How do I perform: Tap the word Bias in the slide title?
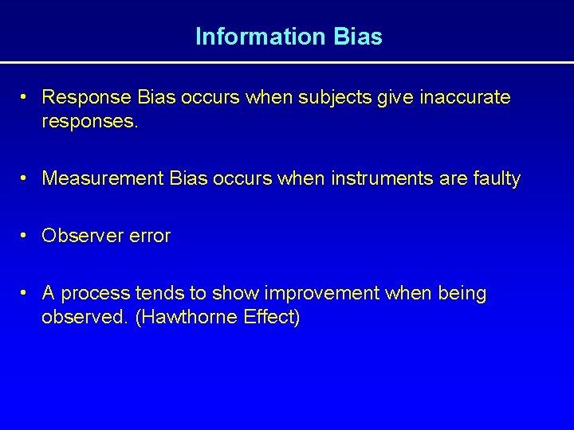360,37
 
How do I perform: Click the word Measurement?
104,179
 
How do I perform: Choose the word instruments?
378,179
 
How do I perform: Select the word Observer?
77,236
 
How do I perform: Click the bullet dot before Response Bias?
26,97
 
